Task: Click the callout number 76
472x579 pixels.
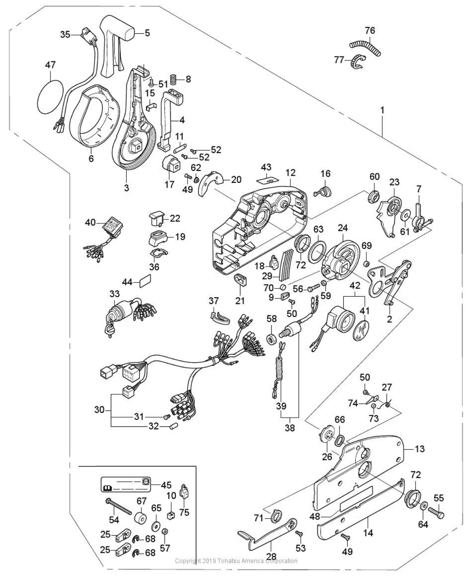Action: [x=370, y=31]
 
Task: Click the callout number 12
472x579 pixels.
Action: [x=290, y=173]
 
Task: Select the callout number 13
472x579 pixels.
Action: [x=420, y=449]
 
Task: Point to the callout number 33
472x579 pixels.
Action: [x=114, y=294]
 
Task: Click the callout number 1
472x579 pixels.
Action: [x=382, y=110]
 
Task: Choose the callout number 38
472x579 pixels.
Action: [x=290, y=429]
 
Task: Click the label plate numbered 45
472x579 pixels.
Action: [x=126, y=484]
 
